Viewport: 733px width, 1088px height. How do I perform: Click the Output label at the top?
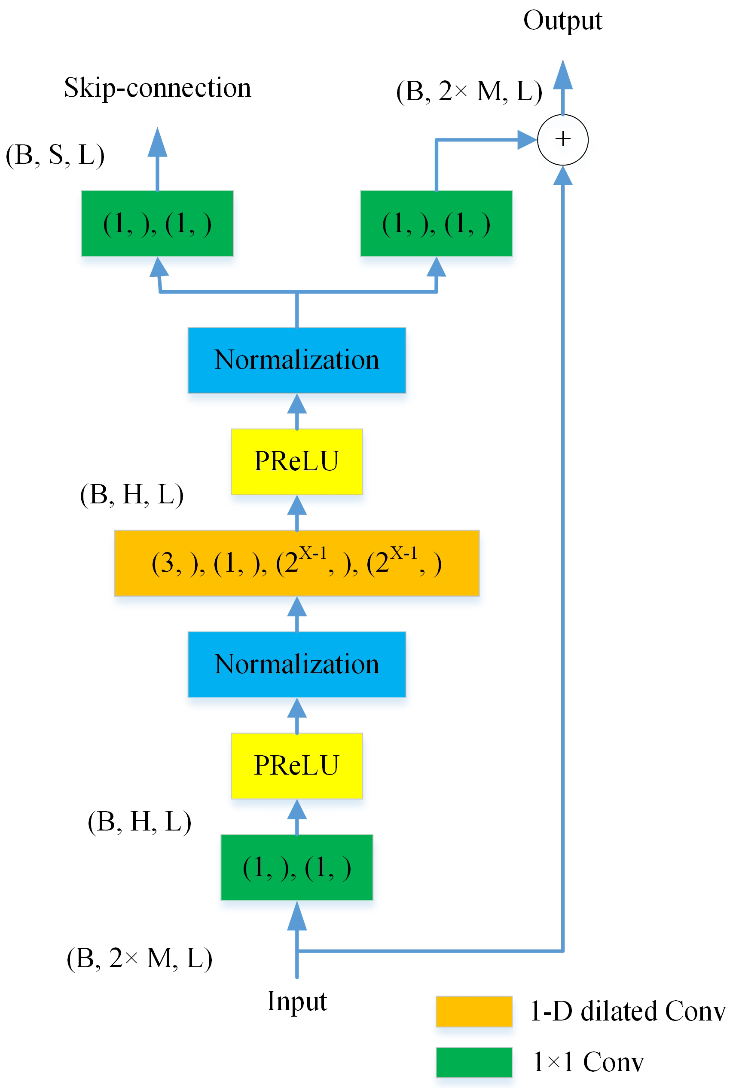[562, 21]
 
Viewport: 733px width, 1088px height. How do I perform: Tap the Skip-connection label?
[158, 88]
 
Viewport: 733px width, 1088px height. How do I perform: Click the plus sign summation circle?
[562, 139]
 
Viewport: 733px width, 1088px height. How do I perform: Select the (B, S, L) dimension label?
[55, 155]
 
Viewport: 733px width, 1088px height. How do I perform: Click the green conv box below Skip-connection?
[157, 223]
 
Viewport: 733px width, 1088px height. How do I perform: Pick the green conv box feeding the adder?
[436, 223]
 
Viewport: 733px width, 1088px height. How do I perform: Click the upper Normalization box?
[296, 360]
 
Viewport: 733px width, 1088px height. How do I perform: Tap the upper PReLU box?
[296, 462]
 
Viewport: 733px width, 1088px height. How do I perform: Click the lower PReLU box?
[296, 766]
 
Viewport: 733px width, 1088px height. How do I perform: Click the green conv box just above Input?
[296, 867]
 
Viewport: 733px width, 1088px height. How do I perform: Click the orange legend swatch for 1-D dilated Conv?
[473, 1011]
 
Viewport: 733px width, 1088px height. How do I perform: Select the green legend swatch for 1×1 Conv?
[473, 1061]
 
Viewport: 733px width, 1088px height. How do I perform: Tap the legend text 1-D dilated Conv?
[627, 1011]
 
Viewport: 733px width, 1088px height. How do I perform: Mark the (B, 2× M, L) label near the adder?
[469, 91]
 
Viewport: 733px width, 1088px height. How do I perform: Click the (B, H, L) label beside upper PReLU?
[132, 494]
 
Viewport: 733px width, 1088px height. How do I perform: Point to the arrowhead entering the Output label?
[562, 75]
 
